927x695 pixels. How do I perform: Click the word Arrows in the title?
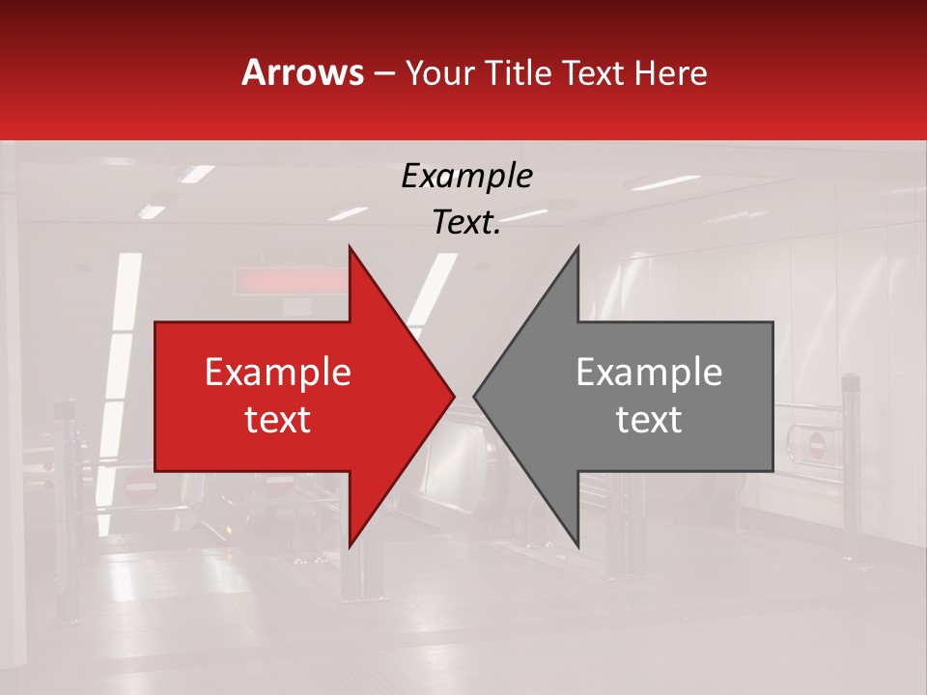coord(302,72)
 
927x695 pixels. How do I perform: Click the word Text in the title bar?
coord(595,72)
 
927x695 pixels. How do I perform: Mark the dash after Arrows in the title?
coord(383,73)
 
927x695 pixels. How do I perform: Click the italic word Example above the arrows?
coord(467,176)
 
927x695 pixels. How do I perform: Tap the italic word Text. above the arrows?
coord(467,222)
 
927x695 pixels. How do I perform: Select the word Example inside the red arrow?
coord(278,373)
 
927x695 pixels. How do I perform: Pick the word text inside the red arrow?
coord(278,419)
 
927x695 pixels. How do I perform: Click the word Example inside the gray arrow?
coord(649,373)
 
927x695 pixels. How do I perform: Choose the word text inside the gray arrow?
coord(649,419)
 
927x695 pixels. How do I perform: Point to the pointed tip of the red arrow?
coord(453,396)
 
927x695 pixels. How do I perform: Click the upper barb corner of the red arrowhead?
coord(350,247)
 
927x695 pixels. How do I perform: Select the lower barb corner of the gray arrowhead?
coord(577,545)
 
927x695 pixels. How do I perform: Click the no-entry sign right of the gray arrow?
coord(816,445)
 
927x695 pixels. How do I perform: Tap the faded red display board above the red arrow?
coord(290,280)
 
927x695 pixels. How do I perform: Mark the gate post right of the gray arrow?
coord(851,463)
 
